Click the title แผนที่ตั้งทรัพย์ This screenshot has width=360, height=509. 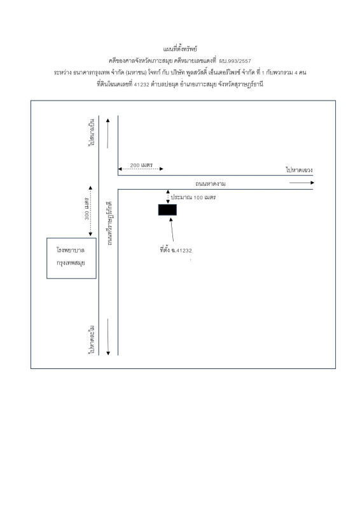(x=180, y=49)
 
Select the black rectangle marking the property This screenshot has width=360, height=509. (x=167, y=210)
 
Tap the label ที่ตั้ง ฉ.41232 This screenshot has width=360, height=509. (x=176, y=250)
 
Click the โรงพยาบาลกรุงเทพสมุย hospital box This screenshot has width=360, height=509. (x=71, y=258)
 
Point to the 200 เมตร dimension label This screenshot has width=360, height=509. (x=141, y=165)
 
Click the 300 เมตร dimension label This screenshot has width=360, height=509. (x=87, y=208)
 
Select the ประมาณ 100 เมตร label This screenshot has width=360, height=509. (x=193, y=197)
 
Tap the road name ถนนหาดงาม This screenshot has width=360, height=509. (x=211, y=183)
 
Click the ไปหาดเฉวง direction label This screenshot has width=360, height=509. (x=299, y=170)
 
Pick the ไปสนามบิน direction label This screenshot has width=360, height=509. (x=92, y=132)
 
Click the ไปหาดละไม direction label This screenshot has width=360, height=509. (x=92, y=339)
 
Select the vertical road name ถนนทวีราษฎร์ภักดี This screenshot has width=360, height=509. (x=109, y=223)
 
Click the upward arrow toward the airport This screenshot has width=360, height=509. (x=107, y=134)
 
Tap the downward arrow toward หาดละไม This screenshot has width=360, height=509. (x=108, y=337)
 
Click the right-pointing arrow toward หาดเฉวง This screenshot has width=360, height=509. (x=301, y=183)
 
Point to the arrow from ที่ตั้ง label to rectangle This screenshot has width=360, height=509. (x=172, y=230)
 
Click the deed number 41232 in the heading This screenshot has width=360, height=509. (x=142, y=85)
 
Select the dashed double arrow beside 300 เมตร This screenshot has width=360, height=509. (x=90, y=211)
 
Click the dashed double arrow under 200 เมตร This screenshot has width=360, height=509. (x=141, y=169)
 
